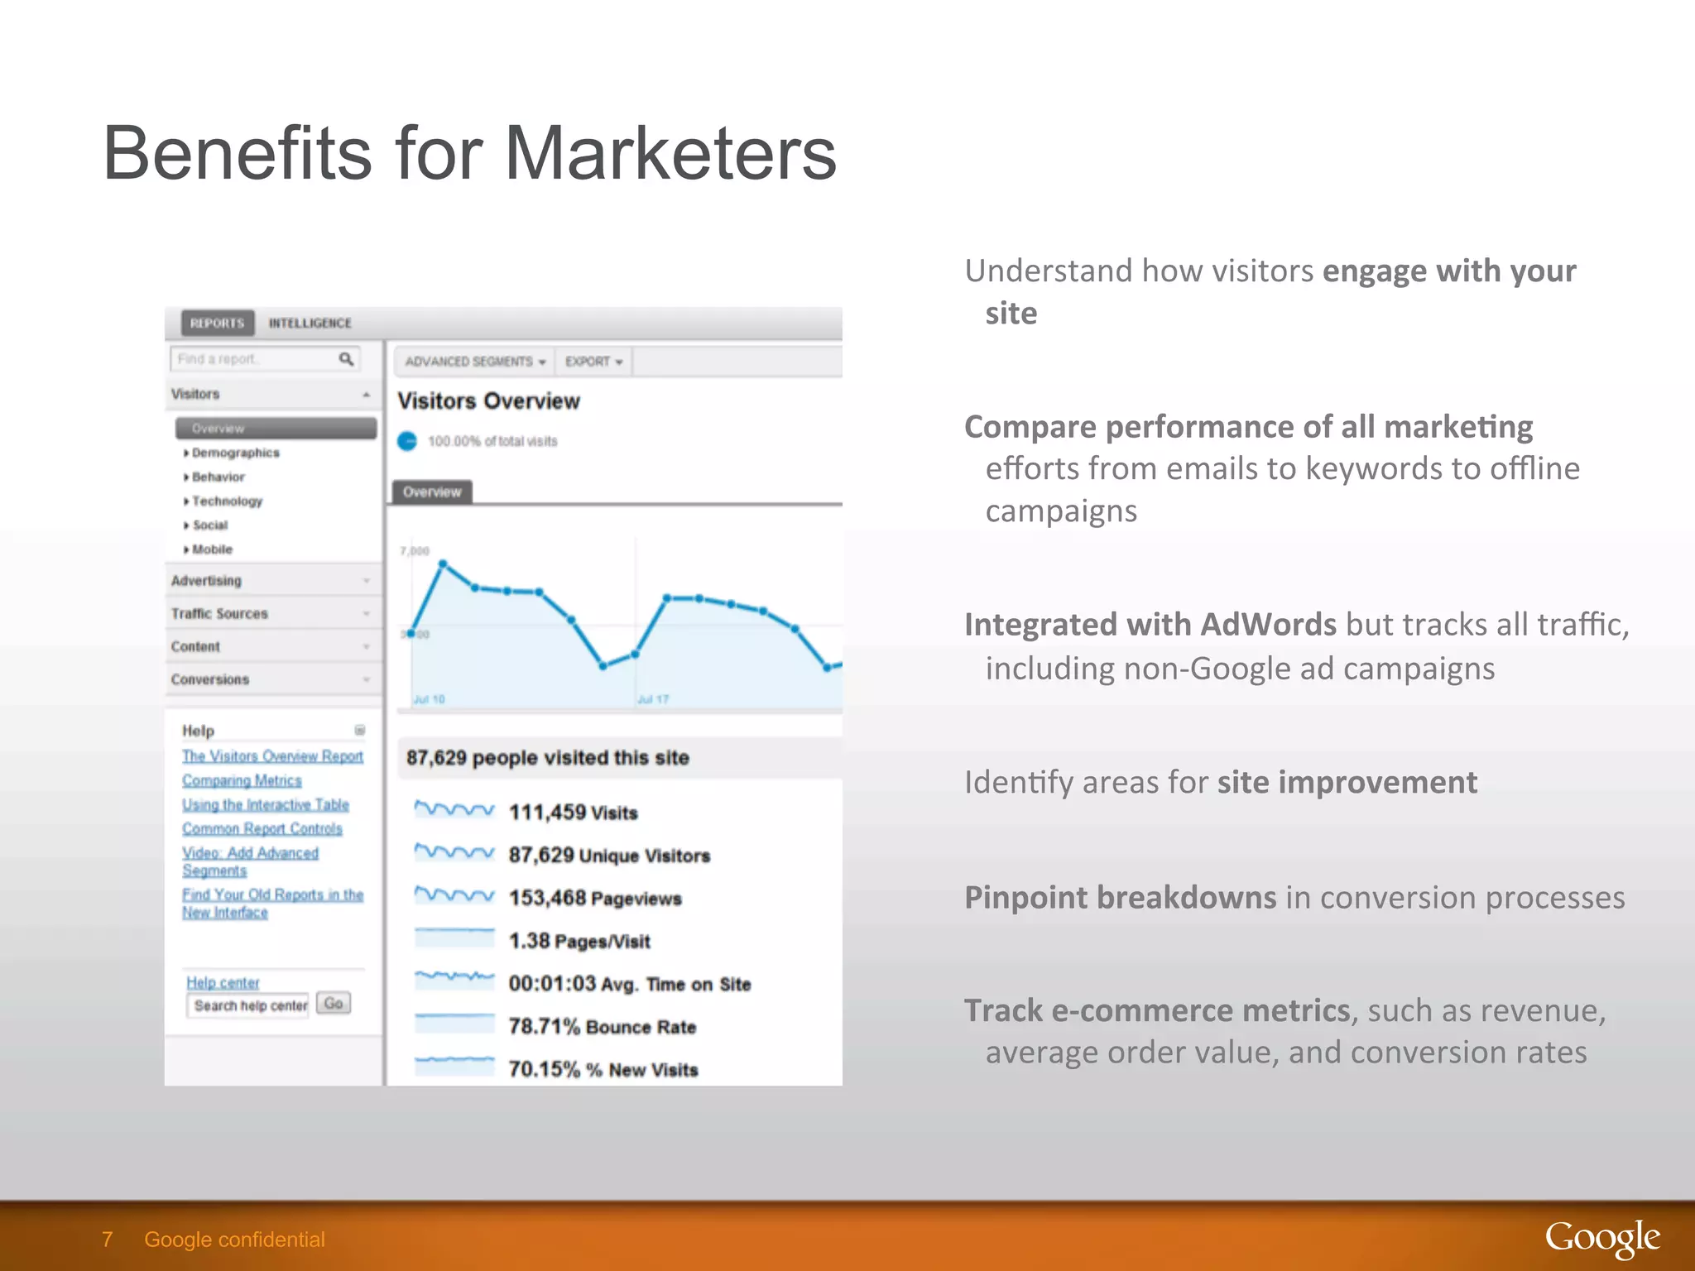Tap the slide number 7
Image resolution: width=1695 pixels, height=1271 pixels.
[107, 1239]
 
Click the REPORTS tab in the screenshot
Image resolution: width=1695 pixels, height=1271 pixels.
[217, 323]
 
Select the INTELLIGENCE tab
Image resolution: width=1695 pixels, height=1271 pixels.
[310, 323]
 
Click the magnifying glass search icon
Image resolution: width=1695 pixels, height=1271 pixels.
[346, 358]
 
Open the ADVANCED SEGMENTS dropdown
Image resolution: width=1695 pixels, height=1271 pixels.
[474, 362]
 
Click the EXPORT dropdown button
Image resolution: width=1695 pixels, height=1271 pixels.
[593, 362]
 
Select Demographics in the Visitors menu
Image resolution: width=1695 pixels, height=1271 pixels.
[235, 453]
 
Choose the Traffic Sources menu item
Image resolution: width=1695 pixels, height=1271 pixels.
[219, 613]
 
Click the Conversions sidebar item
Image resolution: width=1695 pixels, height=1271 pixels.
[209, 679]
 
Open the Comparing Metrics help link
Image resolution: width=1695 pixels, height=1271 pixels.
[242, 780]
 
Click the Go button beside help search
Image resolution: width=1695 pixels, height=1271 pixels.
[334, 1004]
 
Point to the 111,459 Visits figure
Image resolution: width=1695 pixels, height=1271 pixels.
[573, 813]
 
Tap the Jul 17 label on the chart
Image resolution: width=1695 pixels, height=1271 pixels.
[652, 699]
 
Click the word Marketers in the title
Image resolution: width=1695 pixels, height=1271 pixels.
[670, 153]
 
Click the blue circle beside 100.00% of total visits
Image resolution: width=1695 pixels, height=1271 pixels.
[407, 441]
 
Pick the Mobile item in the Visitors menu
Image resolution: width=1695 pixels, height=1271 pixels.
[212, 549]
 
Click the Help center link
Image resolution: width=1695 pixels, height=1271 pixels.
[223, 982]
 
